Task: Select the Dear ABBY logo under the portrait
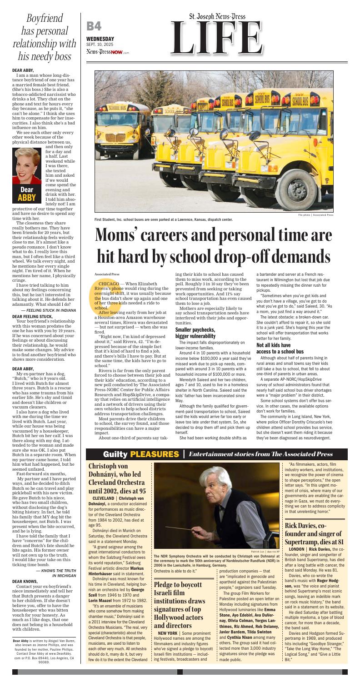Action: (26, 194)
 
